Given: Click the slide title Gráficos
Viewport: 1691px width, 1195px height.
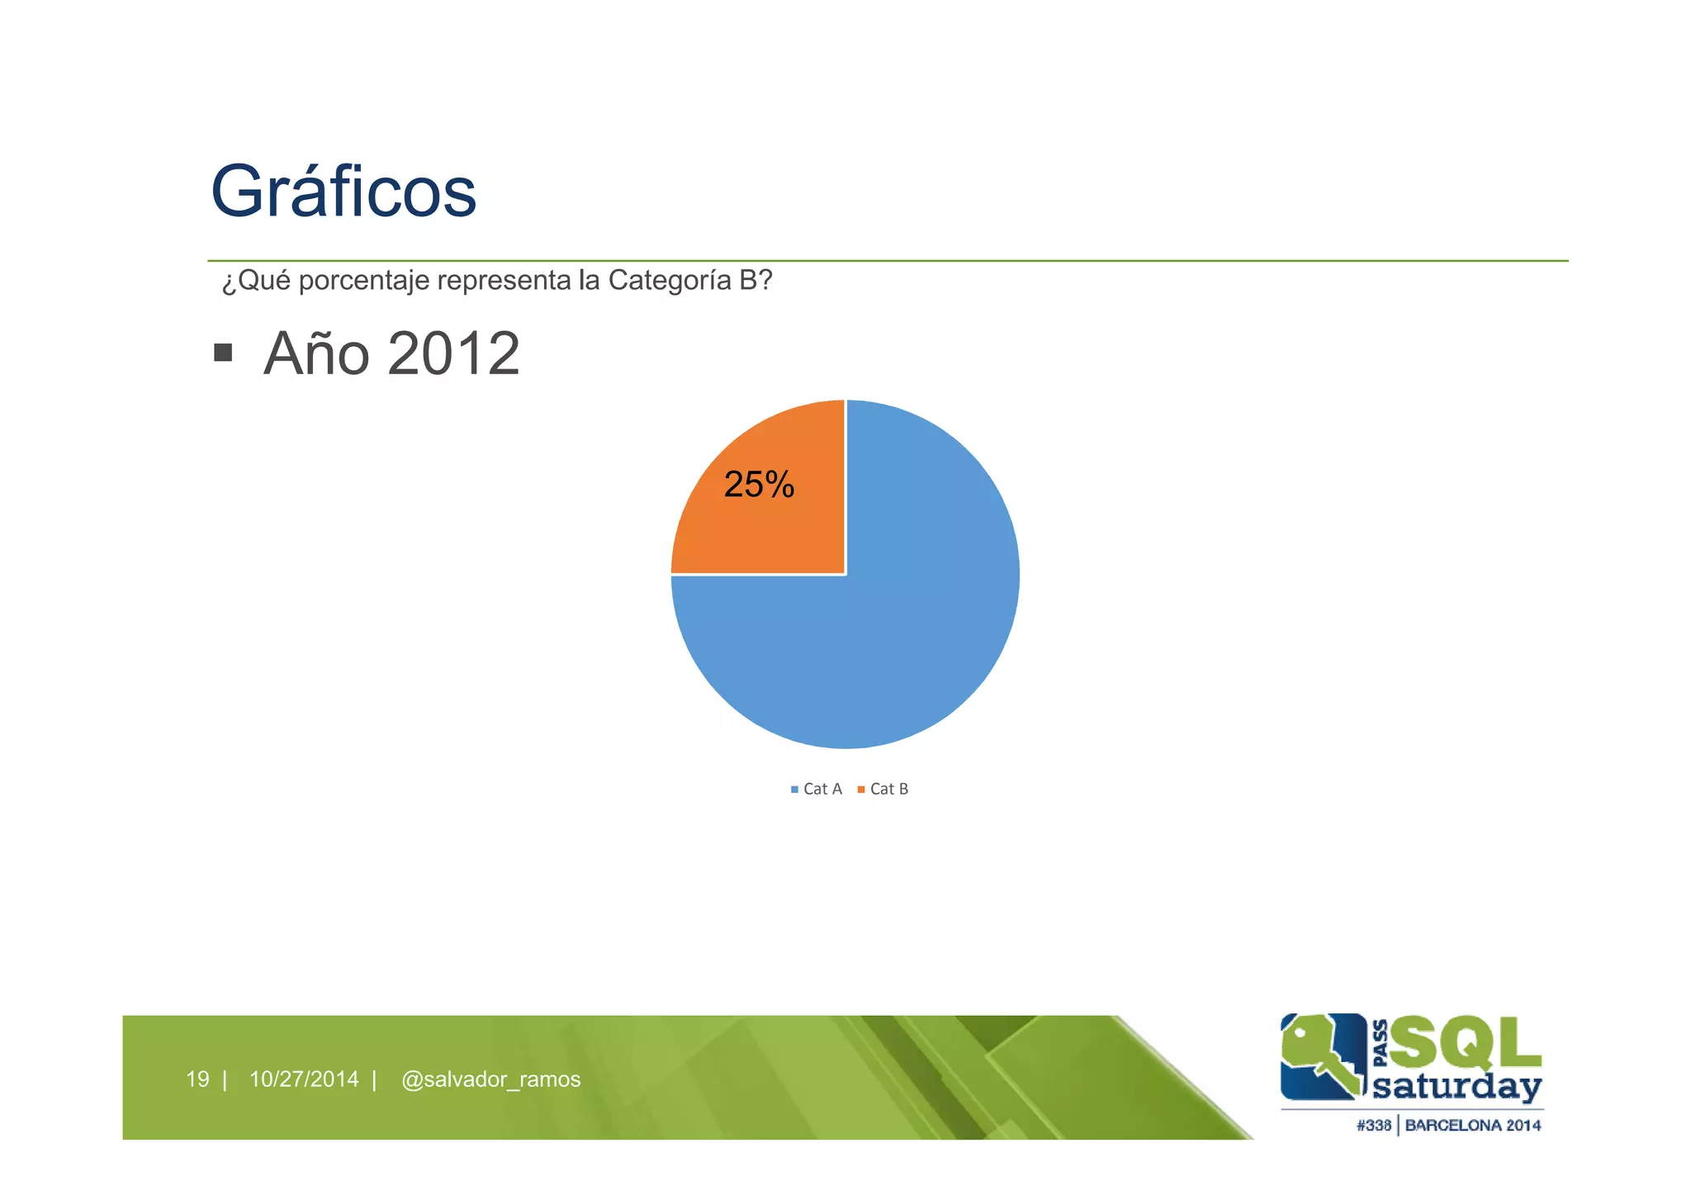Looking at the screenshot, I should [343, 192].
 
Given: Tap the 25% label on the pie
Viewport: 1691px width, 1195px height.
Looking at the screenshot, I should [759, 485].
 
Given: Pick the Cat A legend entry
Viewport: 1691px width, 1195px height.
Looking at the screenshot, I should [817, 790].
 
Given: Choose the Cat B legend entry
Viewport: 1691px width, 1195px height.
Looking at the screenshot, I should [883, 790].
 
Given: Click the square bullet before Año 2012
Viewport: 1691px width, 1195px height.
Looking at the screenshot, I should [222, 353].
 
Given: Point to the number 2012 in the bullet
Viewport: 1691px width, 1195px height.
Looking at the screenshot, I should [453, 353].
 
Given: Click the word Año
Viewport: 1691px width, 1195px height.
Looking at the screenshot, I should [316, 353].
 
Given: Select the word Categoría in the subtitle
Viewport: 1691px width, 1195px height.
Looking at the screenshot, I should [670, 281].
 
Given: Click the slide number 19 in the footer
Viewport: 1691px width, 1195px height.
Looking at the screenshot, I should [197, 1079].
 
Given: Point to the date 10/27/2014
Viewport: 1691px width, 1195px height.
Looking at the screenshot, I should [304, 1079].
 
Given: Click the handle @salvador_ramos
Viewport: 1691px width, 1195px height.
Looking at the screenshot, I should [490, 1079].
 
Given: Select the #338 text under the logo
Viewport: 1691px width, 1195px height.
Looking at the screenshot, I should [1374, 1125].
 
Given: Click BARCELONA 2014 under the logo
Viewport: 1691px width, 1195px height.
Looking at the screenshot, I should [1473, 1125].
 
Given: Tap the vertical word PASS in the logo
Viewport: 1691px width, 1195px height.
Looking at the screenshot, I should [1380, 1044].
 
